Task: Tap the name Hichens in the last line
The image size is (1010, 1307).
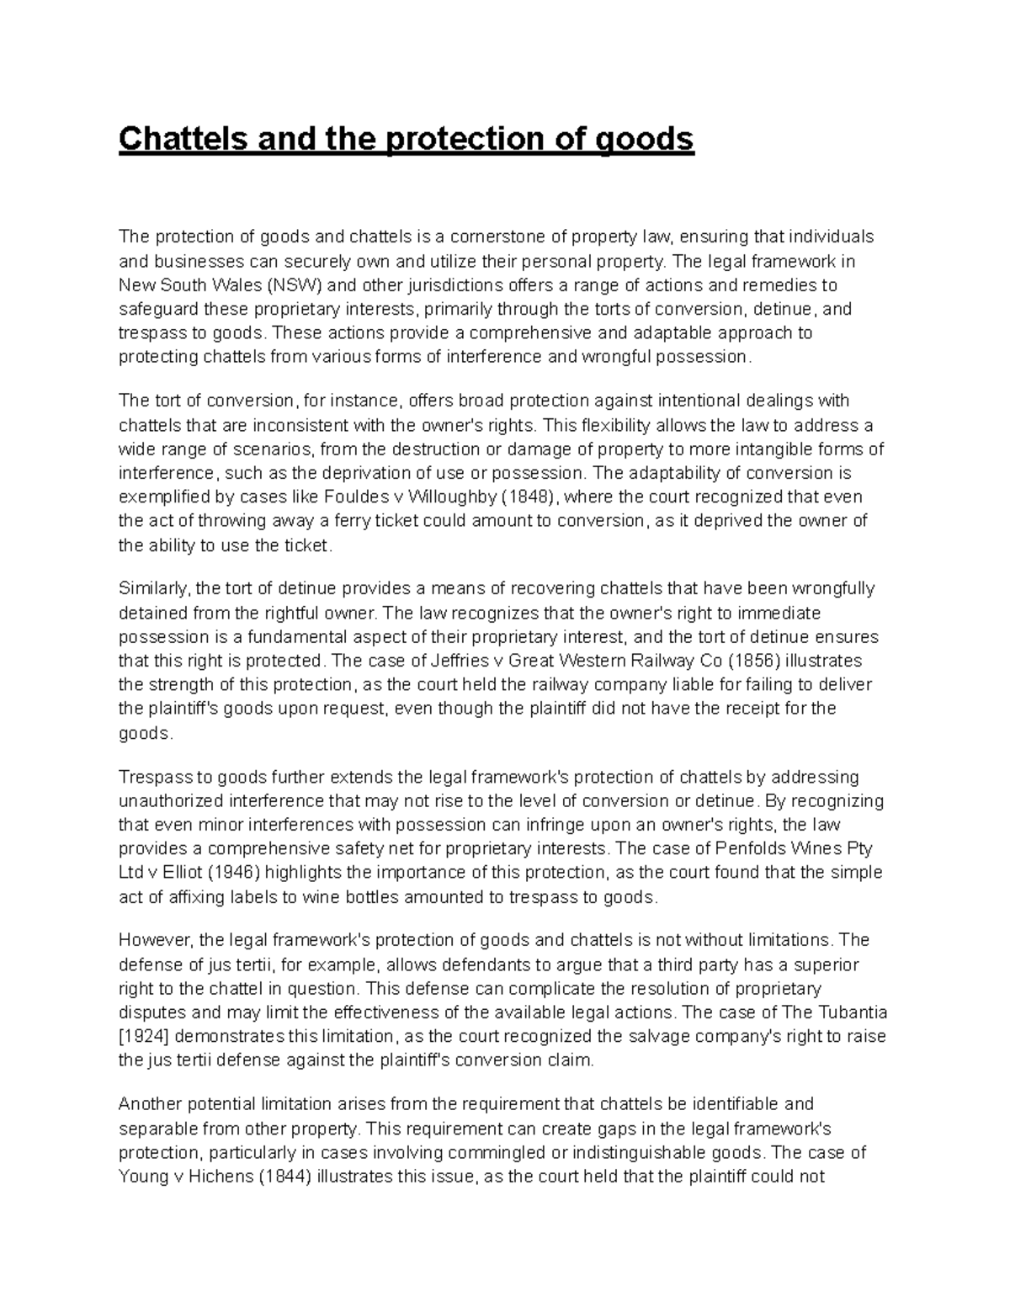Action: (216, 1177)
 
